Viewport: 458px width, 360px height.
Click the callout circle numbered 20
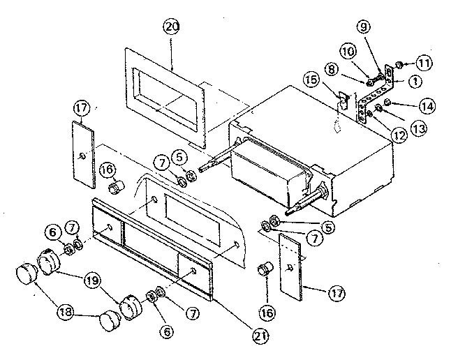point(171,27)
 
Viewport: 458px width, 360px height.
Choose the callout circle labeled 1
point(414,81)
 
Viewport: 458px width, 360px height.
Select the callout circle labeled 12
point(399,135)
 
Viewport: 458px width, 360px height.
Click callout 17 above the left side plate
point(82,108)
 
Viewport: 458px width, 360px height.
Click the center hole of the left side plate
point(83,155)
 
